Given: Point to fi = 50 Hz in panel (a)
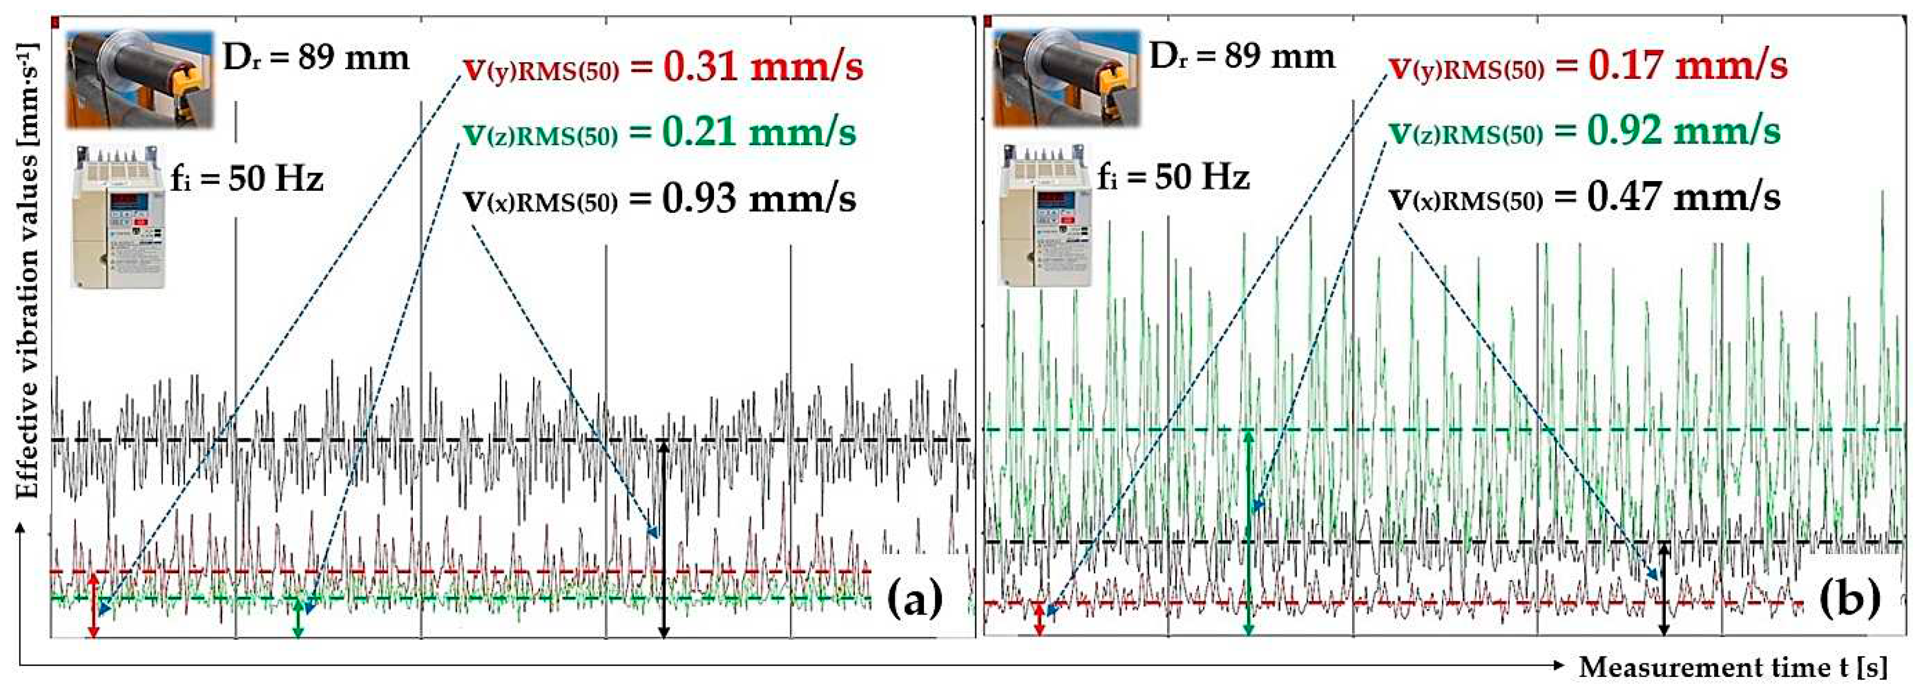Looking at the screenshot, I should tap(247, 179).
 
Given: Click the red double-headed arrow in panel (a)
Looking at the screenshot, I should tap(93, 605).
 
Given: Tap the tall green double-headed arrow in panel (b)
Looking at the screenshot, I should tap(1249, 532).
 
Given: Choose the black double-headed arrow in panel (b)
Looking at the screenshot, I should tap(1665, 589).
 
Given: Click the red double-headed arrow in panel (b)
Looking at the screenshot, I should tap(1040, 619).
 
